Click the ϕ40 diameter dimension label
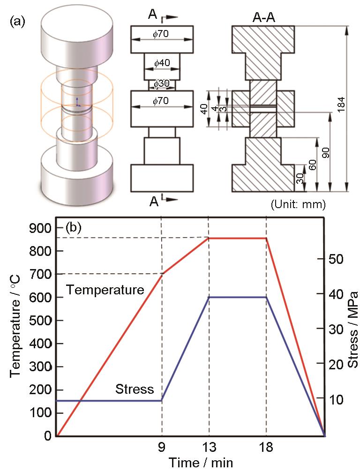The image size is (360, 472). tap(162, 63)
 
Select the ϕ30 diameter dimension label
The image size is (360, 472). tap(162, 84)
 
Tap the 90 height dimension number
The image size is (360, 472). tap(326, 153)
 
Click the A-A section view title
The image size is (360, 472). tap(264, 18)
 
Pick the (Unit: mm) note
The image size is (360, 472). tap(298, 205)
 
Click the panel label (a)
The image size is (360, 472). tap(18, 22)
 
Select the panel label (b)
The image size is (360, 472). tap(73, 228)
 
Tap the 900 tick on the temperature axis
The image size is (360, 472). tap(41, 228)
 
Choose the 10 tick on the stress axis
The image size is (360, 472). tap(335, 400)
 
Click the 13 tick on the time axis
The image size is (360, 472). tap(209, 447)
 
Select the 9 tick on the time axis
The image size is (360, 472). tap(162, 447)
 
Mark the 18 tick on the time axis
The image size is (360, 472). tap(266, 447)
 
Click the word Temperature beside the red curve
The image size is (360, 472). tap(105, 290)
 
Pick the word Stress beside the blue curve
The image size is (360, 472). tap(135, 381)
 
